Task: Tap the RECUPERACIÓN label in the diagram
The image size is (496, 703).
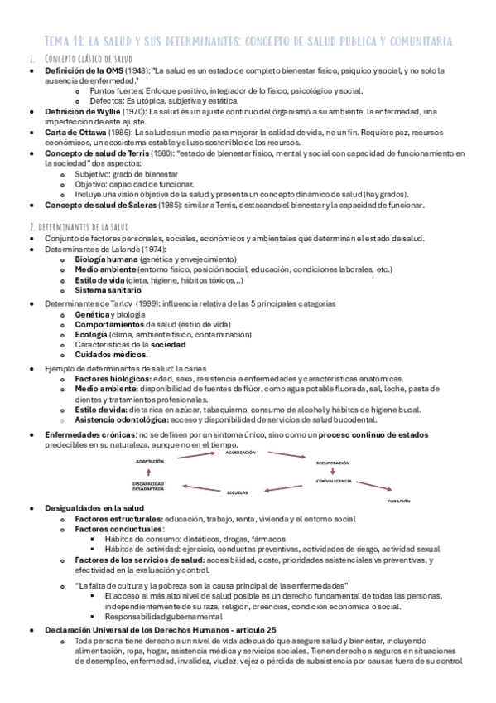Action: (332, 463)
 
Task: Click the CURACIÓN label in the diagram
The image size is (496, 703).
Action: (402, 502)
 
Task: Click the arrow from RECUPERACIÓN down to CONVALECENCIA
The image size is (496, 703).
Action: (332, 471)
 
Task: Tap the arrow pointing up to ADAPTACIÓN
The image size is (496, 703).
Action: (148, 473)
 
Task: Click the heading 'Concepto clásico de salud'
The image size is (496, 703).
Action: (87, 59)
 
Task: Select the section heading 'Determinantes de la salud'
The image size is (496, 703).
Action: (87, 227)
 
